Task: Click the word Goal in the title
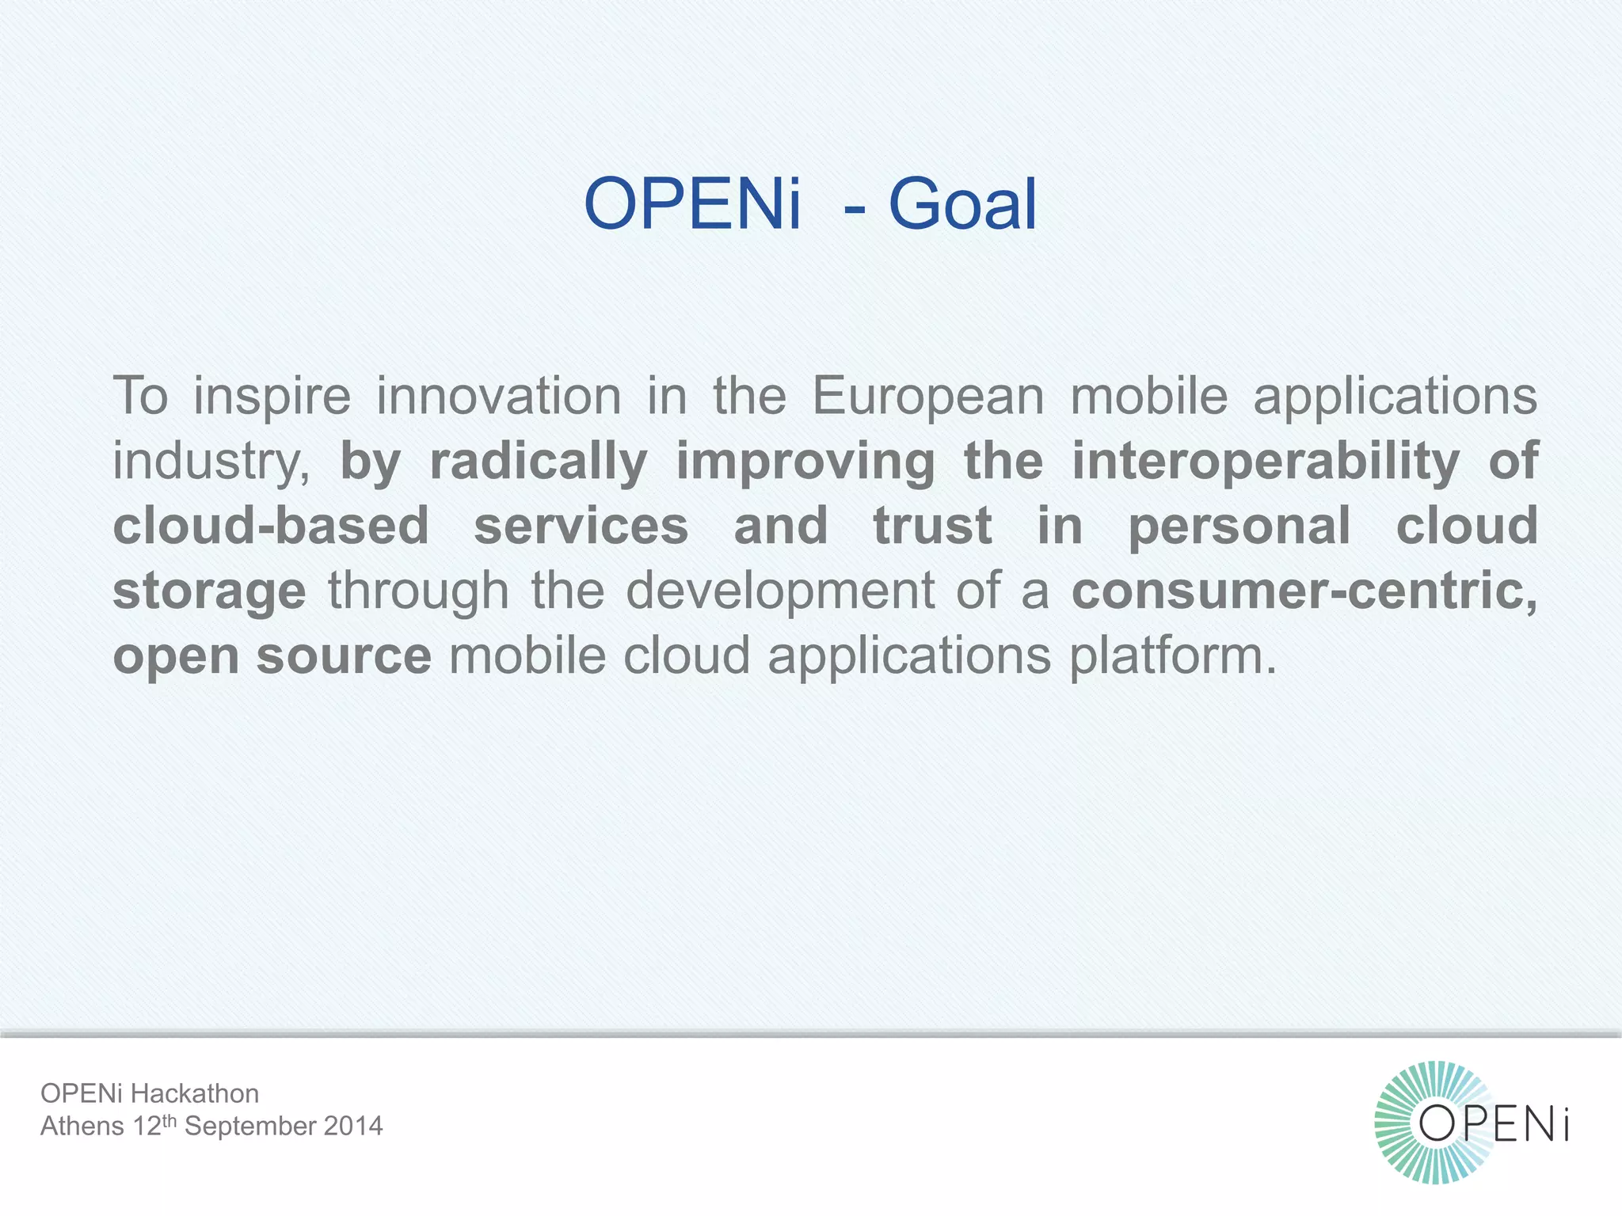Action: [962, 204]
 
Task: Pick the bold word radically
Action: [539, 462]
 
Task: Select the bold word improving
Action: [805, 462]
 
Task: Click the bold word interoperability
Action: [1266, 462]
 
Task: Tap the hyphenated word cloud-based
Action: [271, 526]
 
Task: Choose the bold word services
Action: [581, 526]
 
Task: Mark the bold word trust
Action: [932, 526]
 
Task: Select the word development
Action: [781, 591]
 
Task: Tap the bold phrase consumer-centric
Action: [1304, 591]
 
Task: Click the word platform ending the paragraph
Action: [1173, 657]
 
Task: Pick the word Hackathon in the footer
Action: [194, 1093]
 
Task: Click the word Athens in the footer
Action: [82, 1126]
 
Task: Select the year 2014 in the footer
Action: [352, 1126]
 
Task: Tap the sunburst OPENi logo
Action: [1472, 1123]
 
